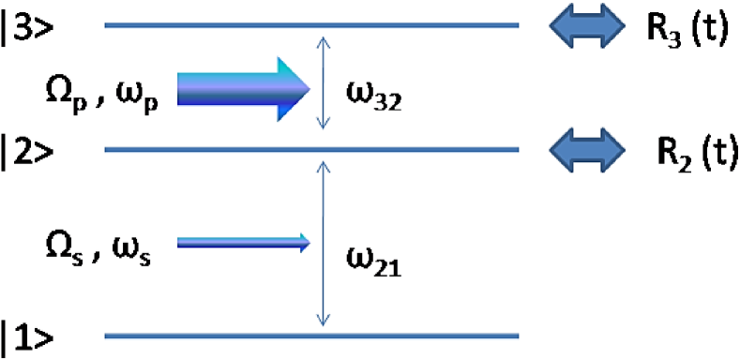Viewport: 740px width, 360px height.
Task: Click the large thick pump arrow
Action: tap(243, 88)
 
